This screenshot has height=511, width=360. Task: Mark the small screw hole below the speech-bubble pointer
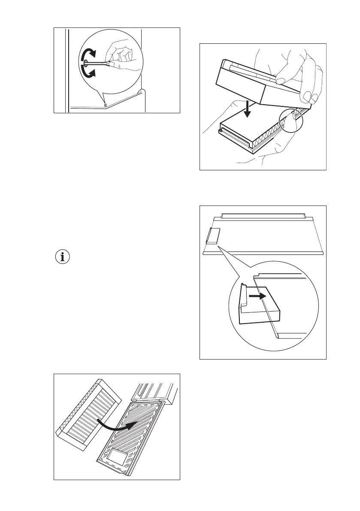point(106,104)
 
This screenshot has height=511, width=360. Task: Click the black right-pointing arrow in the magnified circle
point(256,296)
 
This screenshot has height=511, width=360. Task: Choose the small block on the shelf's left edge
point(213,236)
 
